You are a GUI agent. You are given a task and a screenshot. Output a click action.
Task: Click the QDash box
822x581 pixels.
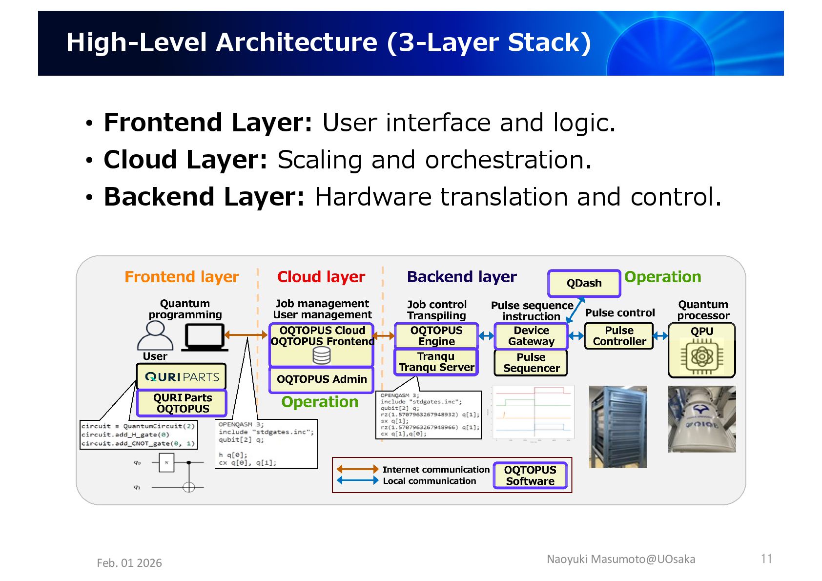coord(584,283)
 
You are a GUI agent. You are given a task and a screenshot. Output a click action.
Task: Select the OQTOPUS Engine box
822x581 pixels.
coord(436,336)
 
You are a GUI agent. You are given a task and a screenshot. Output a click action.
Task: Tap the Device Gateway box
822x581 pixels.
coord(531,336)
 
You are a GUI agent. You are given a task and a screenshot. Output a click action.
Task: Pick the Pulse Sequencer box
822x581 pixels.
coord(531,363)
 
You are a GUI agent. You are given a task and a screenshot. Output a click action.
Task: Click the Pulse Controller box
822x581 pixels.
coord(619,336)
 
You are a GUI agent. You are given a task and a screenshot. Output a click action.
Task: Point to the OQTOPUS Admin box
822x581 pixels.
coord(322,379)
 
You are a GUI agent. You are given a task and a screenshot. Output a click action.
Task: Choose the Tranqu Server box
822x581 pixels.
coord(436,362)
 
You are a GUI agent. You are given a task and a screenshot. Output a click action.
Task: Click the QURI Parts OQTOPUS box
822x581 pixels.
coord(182,403)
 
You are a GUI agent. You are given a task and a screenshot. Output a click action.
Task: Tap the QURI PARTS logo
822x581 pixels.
coord(182,377)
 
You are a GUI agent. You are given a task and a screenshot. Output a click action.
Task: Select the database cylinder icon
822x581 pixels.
coord(322,356)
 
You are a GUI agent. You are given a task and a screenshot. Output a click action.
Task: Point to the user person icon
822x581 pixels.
coord(155,335)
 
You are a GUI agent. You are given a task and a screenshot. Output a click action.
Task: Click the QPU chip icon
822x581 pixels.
coord(701,357)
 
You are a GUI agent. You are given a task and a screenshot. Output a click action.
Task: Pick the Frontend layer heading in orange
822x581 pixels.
coord(182,277)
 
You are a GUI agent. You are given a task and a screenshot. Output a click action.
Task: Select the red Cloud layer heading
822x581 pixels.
coord(321,277)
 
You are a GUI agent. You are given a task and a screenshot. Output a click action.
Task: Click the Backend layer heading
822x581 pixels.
coord(461,277)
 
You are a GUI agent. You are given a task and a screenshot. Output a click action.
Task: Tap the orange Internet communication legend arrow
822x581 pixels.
coord(357,469)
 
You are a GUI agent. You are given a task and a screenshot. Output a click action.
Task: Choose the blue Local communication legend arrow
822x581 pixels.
coord(357,480)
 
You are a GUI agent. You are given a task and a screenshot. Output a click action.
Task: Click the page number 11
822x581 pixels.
coord(766,559)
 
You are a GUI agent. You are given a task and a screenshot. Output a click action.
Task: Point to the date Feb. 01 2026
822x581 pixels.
coord(129,563)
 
